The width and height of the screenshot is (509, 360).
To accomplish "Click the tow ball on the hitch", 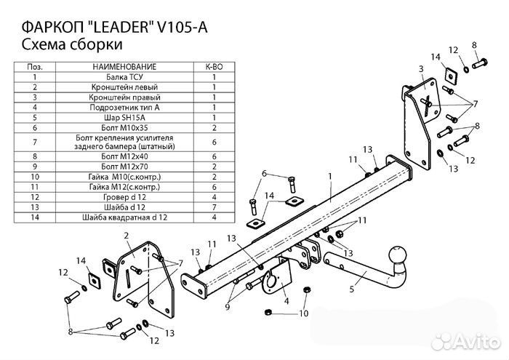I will tap(398, 256).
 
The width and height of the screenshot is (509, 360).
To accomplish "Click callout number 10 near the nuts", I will tap(304, 314).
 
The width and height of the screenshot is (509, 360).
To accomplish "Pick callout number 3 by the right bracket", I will tap(420, 69).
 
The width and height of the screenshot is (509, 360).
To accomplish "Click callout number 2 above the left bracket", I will tap(126, 234).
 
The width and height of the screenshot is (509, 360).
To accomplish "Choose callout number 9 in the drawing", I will tap(227, 308).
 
